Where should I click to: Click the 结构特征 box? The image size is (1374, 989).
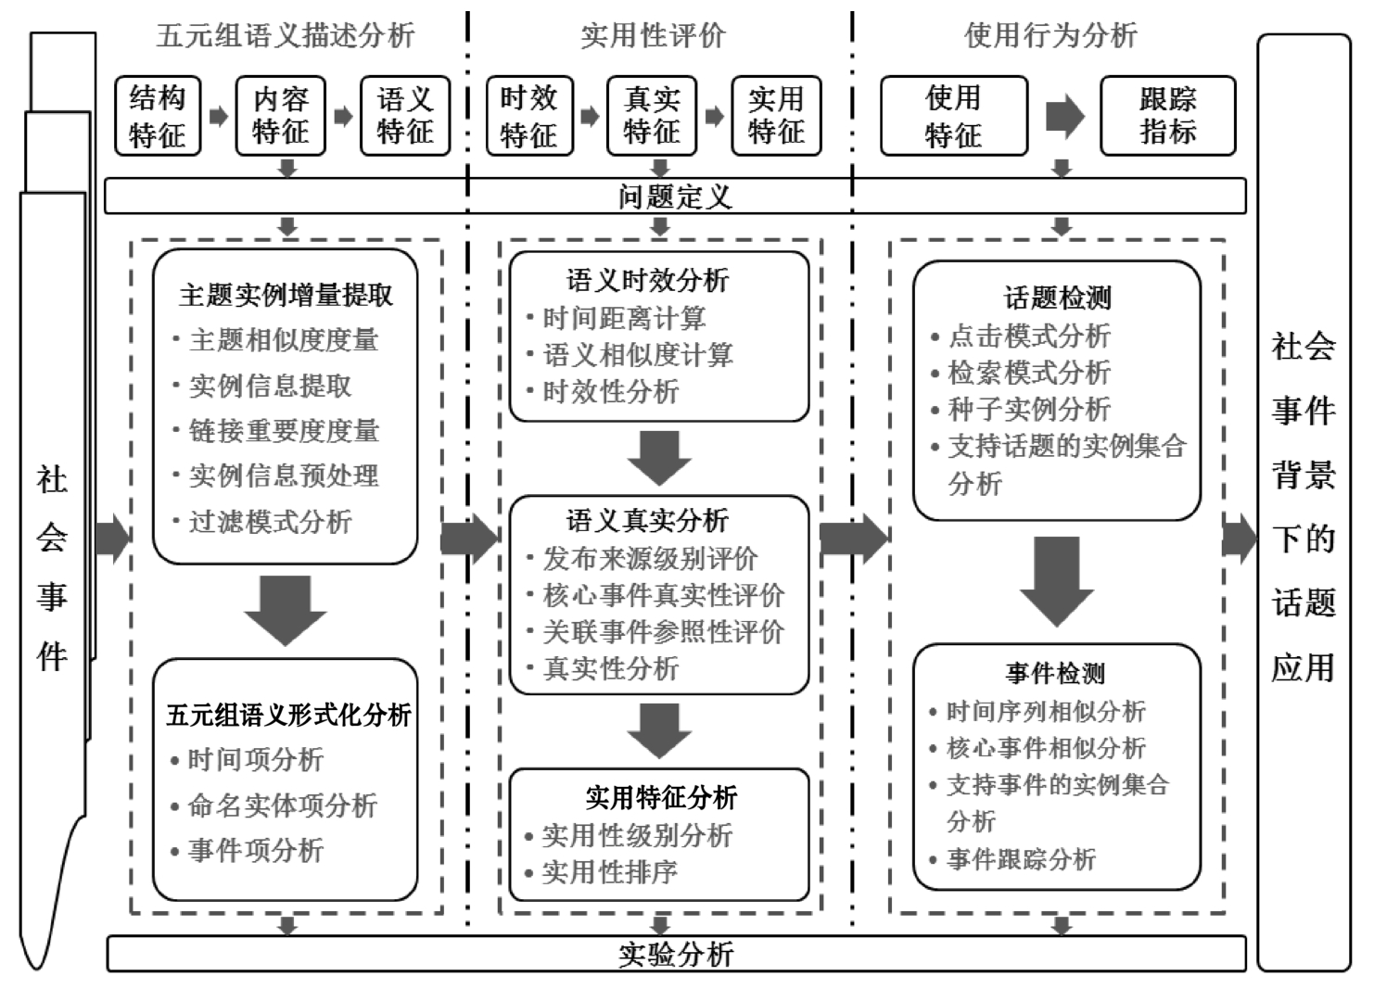tap(158, 116)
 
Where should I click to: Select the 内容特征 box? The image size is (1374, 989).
tap(281, 116)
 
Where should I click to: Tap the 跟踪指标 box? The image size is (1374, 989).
tap(1167, 116)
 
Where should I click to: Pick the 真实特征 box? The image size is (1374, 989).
tap(652, 116)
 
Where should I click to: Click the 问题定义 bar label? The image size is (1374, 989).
tap(675, 197)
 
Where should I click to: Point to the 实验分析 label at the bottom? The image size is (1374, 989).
tap(675, 954)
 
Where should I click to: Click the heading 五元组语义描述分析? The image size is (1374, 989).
tap(286, 36)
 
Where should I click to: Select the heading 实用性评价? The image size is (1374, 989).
tap(653, 36)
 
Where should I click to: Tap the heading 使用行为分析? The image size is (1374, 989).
tap(1050, 36)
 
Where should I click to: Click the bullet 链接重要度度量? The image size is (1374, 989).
tap(284, 431)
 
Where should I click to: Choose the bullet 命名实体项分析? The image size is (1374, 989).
tap(282, 805)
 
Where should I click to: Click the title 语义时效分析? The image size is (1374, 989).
tap(647, 280)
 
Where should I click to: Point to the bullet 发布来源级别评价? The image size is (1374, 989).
tap(650, 559)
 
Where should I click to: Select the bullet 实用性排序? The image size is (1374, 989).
tap(609, 872)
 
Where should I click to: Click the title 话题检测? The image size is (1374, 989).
tap(1057, 298)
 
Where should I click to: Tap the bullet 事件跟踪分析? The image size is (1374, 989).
tap(1021, 859)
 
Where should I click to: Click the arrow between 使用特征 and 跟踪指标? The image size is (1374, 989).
tap(1064, 116)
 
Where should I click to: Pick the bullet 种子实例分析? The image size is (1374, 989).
tap(1029, 410)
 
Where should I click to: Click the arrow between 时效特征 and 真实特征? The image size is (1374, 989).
tap(590, 117)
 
